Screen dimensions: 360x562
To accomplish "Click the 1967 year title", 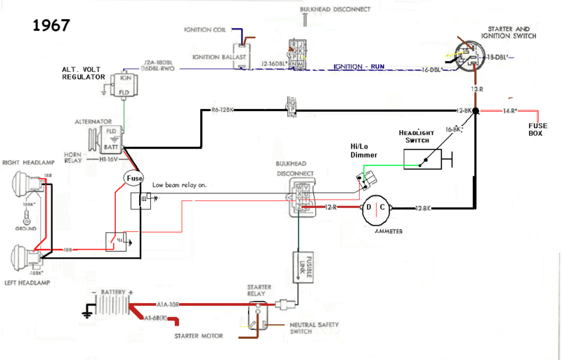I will click(x=51, y=25).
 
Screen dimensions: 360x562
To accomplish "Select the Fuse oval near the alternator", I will click(x=134, y=179).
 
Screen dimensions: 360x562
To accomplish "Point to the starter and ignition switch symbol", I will click(x=469, y=56).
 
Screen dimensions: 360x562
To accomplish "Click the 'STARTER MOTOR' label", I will click(x=198, y=336).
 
